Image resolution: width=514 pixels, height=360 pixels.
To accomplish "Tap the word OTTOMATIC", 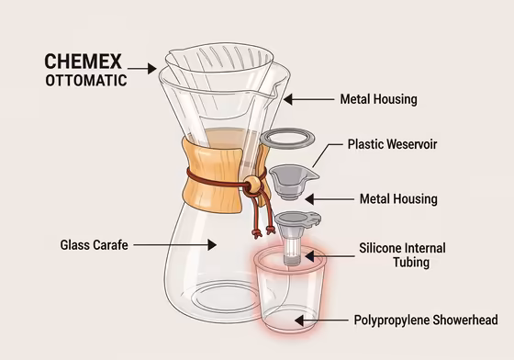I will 86,80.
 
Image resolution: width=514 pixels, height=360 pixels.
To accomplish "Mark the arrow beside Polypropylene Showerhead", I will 325,320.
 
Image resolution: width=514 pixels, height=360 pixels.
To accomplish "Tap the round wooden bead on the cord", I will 249,186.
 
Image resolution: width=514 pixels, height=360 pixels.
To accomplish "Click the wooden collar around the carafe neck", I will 206,174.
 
